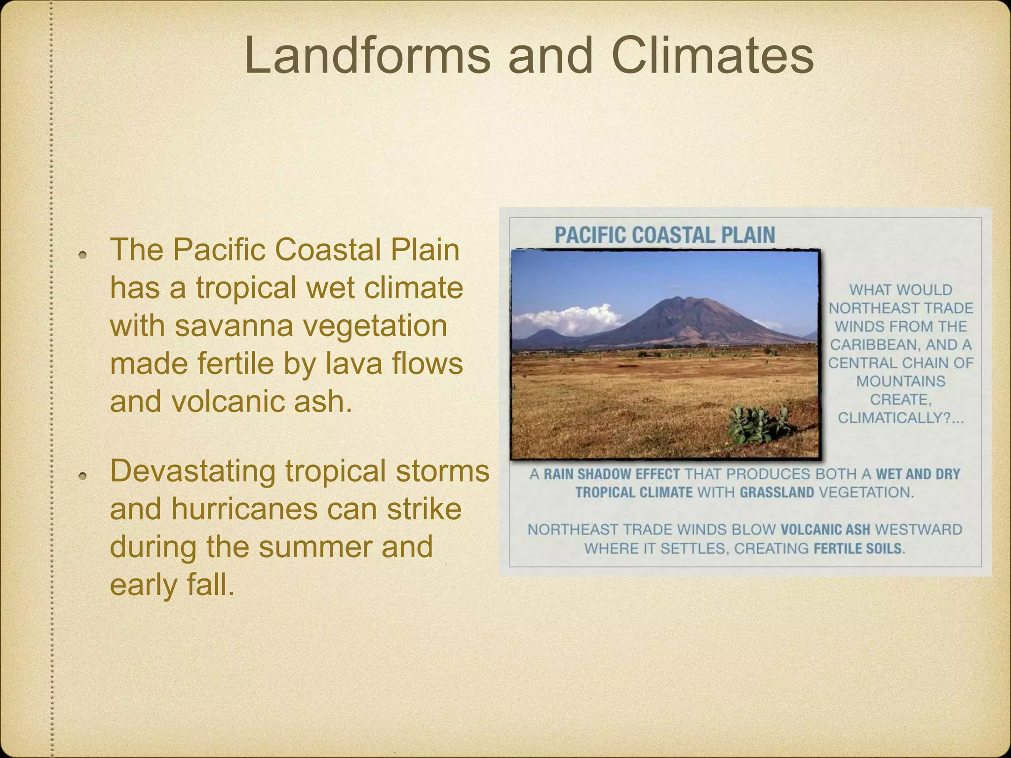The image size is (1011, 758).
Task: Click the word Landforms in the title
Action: [367, 55]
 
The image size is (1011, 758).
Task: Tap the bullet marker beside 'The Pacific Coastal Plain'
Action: [83, 255]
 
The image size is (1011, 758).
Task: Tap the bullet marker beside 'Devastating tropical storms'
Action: [83, 476]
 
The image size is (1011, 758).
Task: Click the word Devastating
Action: [193, 471]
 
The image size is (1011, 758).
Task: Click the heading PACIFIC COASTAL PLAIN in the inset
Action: [664, 235]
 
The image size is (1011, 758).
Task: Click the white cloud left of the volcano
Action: [568, 318]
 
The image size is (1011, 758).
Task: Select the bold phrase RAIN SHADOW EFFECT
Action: [612, 474]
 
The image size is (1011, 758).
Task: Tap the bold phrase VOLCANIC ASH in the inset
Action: [825, 530]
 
